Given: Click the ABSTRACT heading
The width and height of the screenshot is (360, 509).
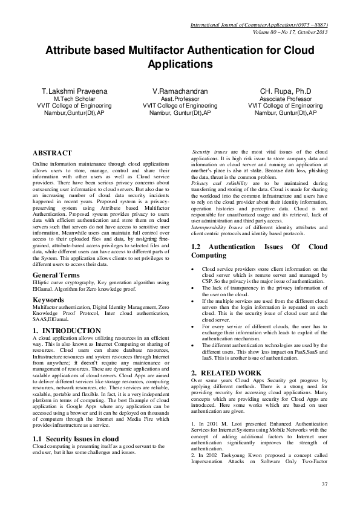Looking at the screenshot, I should coord(52,154).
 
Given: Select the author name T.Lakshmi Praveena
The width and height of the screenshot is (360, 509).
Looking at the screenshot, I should coord(75,91).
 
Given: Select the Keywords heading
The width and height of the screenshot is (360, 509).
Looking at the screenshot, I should coord(49,299).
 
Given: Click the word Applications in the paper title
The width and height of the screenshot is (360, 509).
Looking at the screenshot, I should coord(180,63).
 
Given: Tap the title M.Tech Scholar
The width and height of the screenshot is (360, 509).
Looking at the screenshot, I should coord(75,99).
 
